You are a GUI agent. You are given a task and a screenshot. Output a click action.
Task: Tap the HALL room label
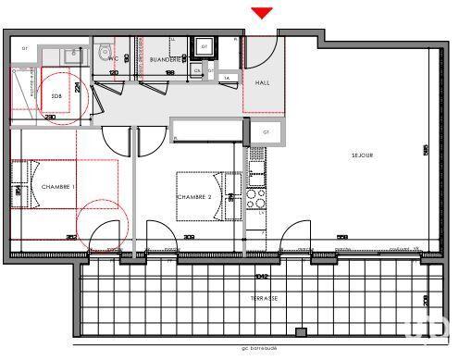coord(263,82)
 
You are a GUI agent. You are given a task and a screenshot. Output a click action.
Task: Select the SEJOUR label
coord(361,155)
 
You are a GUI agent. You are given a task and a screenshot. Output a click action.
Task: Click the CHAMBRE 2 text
coord(195,197)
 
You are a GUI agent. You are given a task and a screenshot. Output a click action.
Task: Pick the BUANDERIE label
coord(165,59)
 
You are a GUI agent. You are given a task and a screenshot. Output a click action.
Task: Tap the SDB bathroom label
coord(56,94)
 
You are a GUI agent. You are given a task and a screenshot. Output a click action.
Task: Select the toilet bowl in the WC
coord(105,54)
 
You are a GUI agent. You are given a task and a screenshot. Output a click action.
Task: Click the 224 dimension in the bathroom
coord(80,88)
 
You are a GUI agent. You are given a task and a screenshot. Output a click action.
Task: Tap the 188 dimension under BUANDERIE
coord(169,72)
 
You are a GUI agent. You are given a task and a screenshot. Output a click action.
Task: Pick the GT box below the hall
coord(265,132)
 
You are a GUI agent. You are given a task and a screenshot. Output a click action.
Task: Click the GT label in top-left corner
coord(25,48)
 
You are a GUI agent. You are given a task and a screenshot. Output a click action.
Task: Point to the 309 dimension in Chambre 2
coord(190,237)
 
